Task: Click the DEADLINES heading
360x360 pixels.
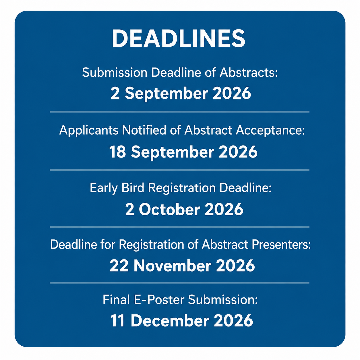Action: (x=178, y=39)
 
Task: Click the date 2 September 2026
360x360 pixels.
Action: (x=181, y=93)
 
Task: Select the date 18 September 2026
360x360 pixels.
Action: (x=183, y=152)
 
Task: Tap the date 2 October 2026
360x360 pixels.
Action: (x=184, y=209)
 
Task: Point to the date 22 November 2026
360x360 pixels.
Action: (x=182, y=266)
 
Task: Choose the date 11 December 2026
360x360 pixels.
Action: (x=181, y=321)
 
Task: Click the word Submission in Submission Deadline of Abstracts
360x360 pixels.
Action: (x=115, y=72)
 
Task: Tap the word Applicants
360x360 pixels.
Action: (x=89, y=130)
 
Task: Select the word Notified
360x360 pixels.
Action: (x=144, y=130)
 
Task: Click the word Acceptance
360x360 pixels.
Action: (x=270, y=130)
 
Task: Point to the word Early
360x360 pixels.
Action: (x=104, y=188)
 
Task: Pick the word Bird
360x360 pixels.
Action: (x=133, y=187)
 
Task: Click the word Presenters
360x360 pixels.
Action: (x=281, y=244)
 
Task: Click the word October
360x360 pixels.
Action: (x=169, y=209)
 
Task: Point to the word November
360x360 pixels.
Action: (x=173, y=266)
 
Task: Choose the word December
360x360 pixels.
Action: (x=170, y=321)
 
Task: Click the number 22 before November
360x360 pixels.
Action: (x=119, y=266)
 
